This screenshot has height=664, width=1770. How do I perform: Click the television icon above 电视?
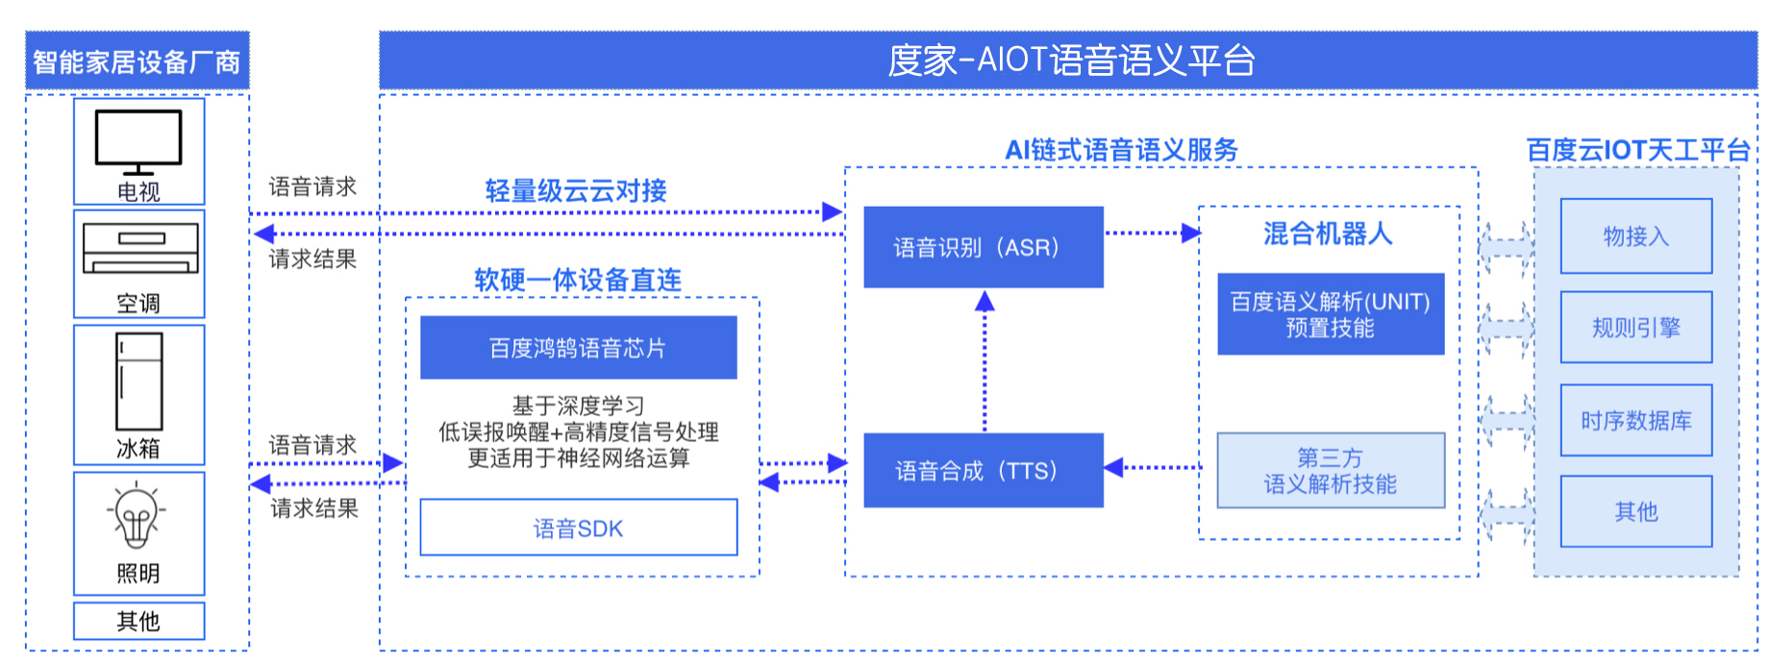138,141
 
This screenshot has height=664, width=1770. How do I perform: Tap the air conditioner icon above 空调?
140,248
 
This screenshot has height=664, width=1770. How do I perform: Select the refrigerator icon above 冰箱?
139,381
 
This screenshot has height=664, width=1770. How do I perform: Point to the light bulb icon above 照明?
137,518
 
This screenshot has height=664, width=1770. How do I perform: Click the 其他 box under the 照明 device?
139,621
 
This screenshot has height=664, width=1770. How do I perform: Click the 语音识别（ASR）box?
984,247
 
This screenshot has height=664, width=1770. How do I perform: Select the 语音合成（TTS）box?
984,470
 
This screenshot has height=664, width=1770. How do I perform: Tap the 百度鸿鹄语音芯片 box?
579,348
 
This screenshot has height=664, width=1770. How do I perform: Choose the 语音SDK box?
579,528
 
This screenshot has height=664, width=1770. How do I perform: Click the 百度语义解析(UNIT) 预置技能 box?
1331,314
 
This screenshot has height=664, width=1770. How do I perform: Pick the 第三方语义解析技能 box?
1331,470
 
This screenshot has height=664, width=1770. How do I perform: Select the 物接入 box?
1636,236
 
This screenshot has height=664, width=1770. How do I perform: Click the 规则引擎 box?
1636,328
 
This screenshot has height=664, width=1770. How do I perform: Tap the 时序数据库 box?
1636,420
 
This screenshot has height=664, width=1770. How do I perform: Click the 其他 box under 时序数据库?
1636,511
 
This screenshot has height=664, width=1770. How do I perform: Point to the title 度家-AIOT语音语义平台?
1071,61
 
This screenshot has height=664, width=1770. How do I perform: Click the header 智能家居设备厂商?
137,62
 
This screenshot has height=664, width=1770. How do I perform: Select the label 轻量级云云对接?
576,190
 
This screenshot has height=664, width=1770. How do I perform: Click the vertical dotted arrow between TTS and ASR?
985,361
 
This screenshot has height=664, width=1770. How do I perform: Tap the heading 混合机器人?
1328,234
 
